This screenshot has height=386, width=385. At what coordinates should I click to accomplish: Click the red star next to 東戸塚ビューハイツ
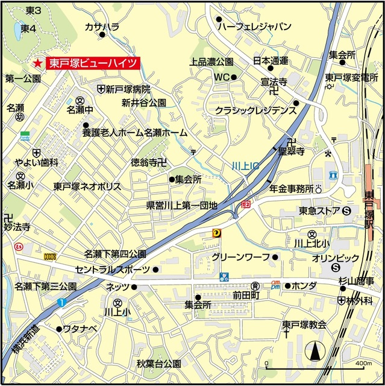click(37, 63)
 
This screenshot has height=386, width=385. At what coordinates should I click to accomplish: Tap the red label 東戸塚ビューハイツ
click(94, 62)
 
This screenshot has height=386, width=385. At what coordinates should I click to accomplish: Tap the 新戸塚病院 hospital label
click(128, 89)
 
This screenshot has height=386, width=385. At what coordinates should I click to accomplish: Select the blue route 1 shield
click(61, 302)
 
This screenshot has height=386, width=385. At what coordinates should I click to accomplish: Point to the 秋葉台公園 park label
click(158, 364)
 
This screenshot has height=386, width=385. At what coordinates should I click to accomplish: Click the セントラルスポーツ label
click(113, 269)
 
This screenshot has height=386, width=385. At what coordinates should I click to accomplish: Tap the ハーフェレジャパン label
click(254, 27)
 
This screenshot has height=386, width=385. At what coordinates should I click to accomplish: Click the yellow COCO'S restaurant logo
click(50, 256)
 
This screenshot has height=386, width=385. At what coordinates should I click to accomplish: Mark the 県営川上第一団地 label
click(181, 206)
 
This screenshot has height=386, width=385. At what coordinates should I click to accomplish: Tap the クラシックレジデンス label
click(256, 110)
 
